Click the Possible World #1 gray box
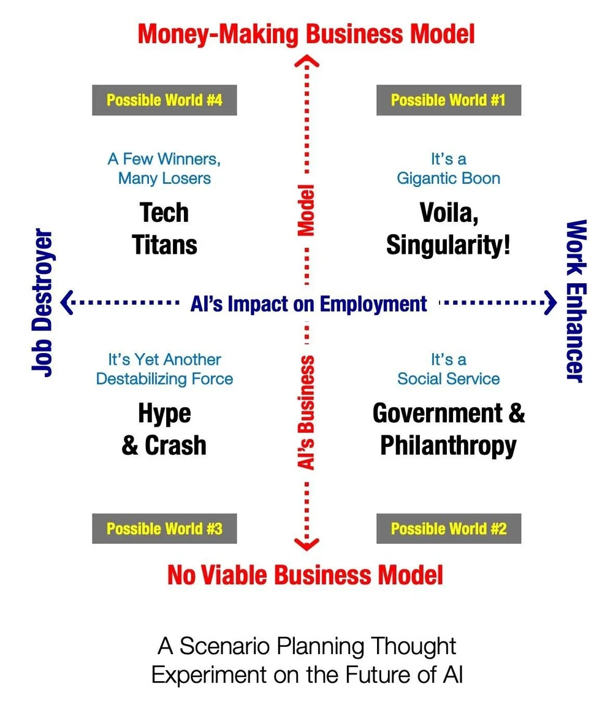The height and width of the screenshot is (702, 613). pos(448,100)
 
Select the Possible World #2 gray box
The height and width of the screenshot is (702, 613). pos(448,528)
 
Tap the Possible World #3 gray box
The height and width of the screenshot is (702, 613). pos(164,528)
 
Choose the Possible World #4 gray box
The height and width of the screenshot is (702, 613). pos(164,100)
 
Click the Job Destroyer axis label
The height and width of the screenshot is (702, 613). pos(43,302)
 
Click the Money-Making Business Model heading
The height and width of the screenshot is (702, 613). pos(306,34)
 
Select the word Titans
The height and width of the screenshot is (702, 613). pos(164,245)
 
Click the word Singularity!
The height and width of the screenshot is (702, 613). pos(448,245)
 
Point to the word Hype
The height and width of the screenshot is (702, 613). pos(164,414)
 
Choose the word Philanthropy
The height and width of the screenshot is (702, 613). pos(448,446)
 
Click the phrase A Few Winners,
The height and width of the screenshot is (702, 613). pos(164,159)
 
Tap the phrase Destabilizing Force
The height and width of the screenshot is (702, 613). pos(164,379)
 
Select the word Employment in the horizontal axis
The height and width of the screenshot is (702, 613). pos(373,303)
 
